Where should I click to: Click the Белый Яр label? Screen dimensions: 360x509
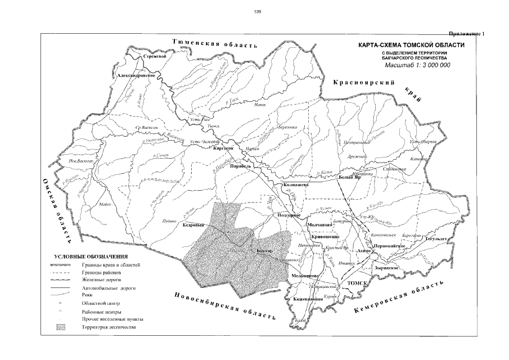coord(349,178)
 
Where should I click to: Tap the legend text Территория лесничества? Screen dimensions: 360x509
coord(109,327)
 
